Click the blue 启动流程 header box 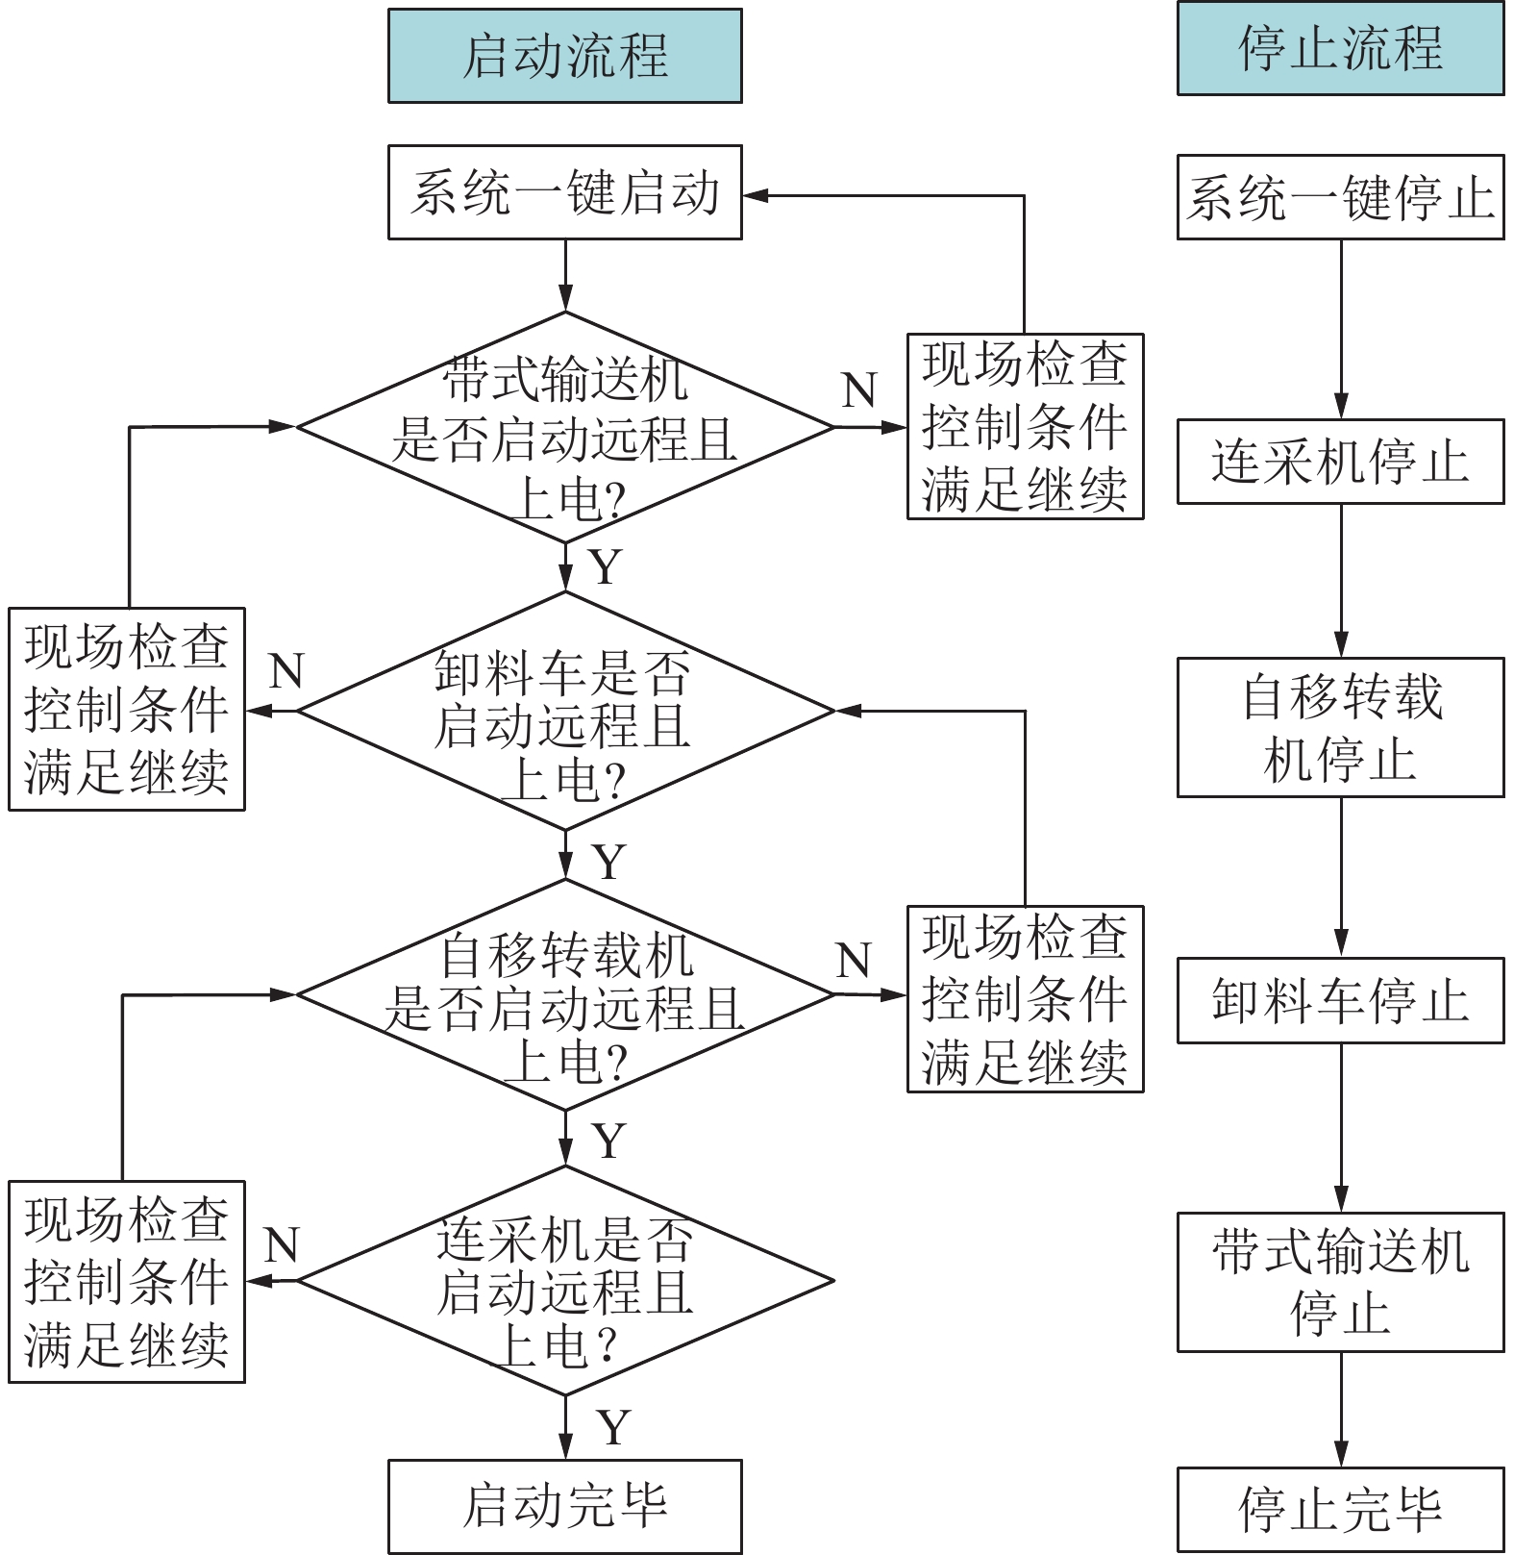pos(564,56)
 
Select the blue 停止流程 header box pos(1340,48)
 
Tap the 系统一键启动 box pos(564,192)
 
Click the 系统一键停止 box pos(1340,197)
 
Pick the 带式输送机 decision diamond pos(564,427)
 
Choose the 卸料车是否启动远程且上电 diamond pos(564,711)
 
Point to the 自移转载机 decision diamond pos(564,994)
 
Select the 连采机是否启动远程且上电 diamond pos(564,1281)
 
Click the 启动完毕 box pos(564,1506)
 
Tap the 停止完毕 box pos(1340,1509)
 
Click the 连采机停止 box pos(1340,462)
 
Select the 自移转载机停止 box pos(1340,727)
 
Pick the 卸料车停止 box pos(1340,1000)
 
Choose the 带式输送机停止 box pos(1340,1282)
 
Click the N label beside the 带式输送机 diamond pos(859,390)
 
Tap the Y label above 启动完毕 pos(613,1427)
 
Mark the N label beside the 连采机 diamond pos(281,1245)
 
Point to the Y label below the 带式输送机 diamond pos(606,566)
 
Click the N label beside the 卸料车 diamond pos(286,671)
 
